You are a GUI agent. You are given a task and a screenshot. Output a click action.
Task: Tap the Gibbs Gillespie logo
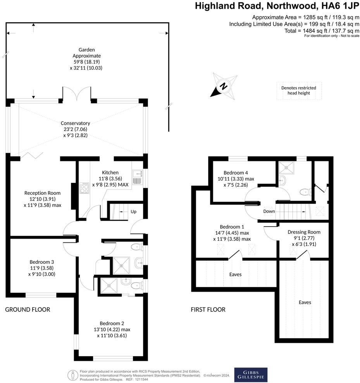point(251,374)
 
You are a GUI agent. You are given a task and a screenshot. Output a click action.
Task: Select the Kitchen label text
point(110,172)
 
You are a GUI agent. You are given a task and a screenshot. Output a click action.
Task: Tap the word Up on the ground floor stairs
point(133,212)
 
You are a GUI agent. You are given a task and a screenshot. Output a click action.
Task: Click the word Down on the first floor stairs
point(269,211)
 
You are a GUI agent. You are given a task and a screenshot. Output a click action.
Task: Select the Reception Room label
point(42,193)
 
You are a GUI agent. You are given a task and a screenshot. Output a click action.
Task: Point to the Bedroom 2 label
point(112,323)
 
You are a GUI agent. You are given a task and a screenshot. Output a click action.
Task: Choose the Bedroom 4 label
point(236,173)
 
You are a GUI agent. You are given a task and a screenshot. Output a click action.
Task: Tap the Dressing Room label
point(304,232)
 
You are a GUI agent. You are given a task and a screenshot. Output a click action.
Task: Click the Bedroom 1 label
point(232,227)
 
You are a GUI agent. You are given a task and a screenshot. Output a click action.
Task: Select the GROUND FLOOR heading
point(28,309)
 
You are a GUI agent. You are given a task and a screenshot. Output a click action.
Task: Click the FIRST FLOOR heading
point(208,309)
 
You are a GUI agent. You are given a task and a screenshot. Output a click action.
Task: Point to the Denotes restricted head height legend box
point(298,91)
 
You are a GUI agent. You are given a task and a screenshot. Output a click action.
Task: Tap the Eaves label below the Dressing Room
point(305,302)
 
